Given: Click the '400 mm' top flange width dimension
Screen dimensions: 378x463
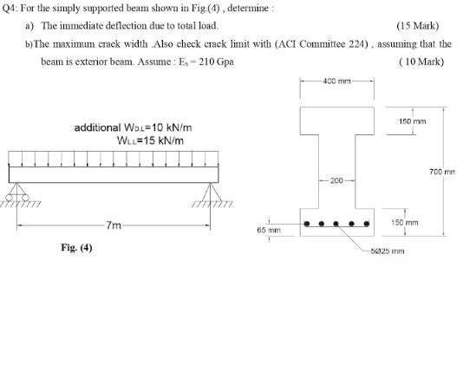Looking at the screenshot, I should [x=337, y=82].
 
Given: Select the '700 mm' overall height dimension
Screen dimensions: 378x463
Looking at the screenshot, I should [x=449, y=171].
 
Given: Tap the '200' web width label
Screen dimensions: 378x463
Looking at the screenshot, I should [x=337, y=182].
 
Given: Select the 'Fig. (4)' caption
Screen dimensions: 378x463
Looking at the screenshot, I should [x=77, y=248].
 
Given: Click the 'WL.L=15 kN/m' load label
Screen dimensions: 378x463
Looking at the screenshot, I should [x=148, y=140].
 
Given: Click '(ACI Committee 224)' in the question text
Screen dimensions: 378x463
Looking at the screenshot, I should [x=332, y=43].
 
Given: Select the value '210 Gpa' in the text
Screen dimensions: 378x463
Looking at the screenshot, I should [x=215, y=62].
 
